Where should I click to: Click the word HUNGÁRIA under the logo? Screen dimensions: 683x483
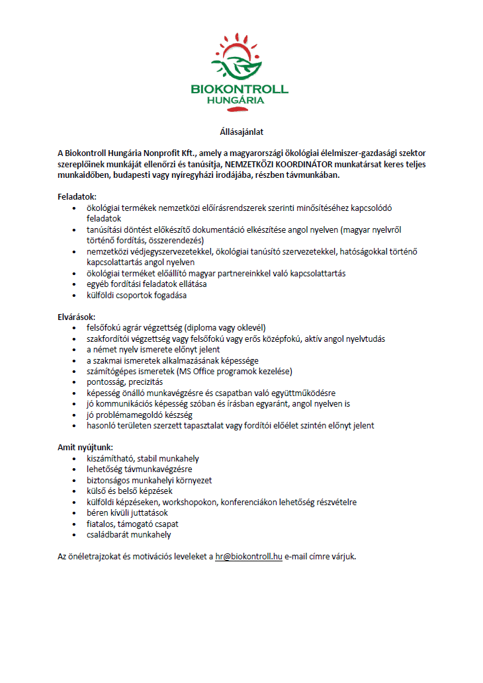click(239, 100)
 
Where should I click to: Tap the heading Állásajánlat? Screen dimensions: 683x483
click(241, 133)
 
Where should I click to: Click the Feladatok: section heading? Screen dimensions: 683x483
click(77, 196)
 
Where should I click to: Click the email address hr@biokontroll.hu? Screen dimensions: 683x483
click(249, 557)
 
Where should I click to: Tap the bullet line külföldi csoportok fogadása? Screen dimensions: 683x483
click(136, 295)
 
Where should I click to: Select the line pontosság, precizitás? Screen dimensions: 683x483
click(124, 382)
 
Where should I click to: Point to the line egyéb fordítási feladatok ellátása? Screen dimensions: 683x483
click(146, 284)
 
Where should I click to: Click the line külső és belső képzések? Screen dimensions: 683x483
click(129, 491)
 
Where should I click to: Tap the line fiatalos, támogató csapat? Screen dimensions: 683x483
click(128, 524)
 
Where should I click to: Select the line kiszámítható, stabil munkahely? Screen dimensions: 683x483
click(142, 458)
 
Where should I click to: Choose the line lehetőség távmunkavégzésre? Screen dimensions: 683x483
click(136, 469)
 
